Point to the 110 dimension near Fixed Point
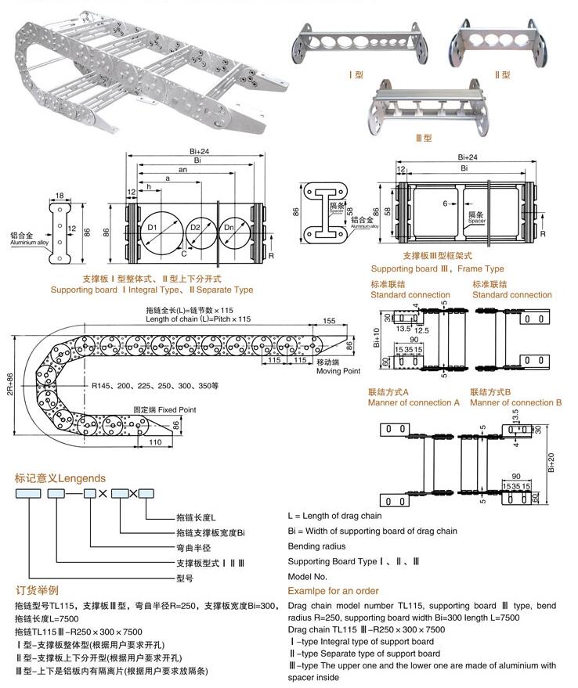pos(154,442)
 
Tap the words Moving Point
pos(338,369)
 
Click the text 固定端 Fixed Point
pos(164,409)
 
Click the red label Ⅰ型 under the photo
pos(356,75)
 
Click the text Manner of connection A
pos(414,402)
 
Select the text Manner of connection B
pos(515,402)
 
